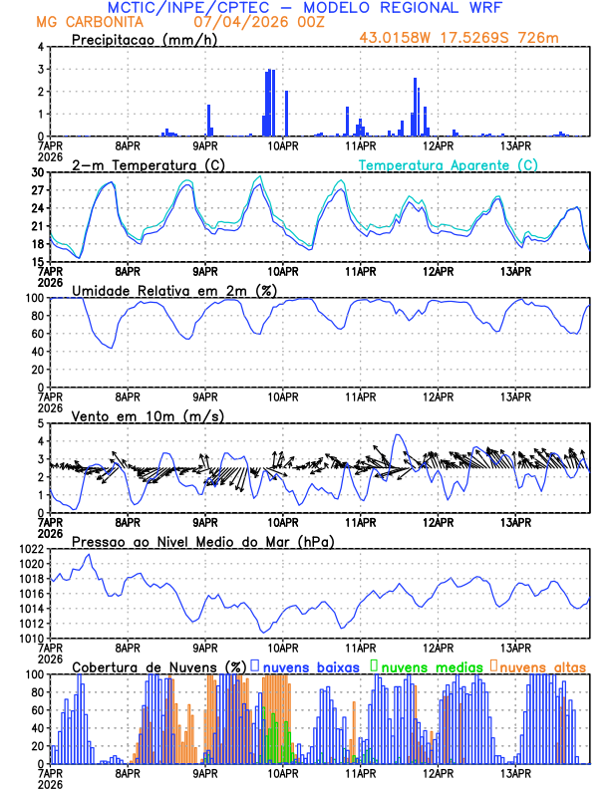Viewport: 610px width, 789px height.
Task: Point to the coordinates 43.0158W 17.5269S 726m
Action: click(459, 37)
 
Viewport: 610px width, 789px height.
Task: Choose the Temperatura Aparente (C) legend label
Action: click(448, 164)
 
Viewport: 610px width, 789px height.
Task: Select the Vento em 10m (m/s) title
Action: click(148, 415)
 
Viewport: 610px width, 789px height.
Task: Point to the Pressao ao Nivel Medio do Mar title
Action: click(201, 541)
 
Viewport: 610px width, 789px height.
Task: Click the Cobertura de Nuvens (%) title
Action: click(158, 666)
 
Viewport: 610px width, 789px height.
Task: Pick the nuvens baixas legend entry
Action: click(310, 666)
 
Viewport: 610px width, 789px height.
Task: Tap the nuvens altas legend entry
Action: click(542, 666)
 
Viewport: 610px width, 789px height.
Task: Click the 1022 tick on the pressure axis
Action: click(31, 549)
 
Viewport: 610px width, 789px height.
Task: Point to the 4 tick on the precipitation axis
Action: click(41, 47)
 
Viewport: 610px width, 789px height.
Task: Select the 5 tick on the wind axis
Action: click(41, 423)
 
